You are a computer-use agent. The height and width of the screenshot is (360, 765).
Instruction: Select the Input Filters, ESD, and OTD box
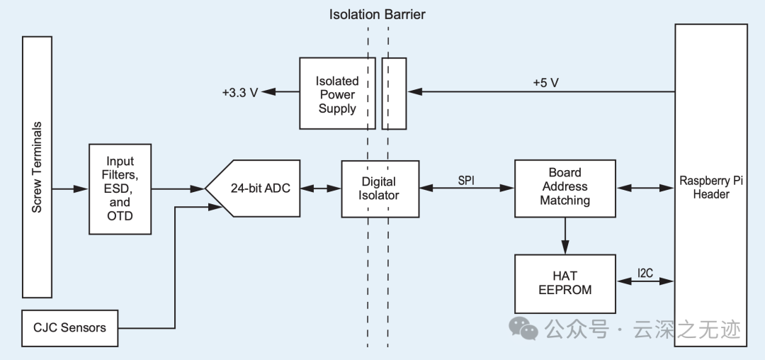[x=120, y=189]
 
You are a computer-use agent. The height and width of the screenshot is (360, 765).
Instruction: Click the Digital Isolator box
[x=380, y=189]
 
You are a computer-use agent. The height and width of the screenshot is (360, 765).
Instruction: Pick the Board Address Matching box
[x=565, y=187]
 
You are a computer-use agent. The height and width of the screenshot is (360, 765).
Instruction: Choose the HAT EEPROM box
[x=565, y=283]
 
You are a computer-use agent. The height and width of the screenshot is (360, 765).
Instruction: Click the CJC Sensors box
[x=69, y=327]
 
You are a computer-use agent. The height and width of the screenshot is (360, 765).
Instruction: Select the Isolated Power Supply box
[x=337, y=94]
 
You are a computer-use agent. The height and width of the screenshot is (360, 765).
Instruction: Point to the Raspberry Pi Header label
[x=710, y=187]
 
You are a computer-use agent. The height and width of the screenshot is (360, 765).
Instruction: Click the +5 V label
[x=545, y=83]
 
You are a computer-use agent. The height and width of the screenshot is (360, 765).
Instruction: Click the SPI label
[x=466, y=180]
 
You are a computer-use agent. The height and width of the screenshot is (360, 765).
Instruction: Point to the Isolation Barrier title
[x=378, y=14]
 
